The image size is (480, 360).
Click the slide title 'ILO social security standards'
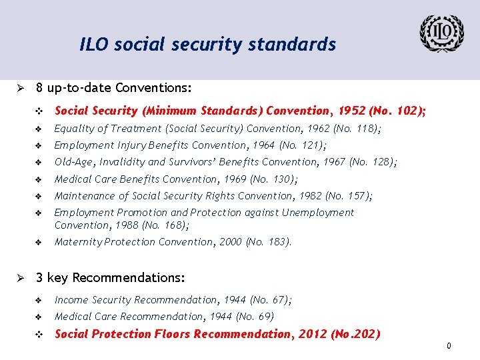click(x=207, y=45)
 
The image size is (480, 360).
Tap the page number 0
click(x=449, y=346)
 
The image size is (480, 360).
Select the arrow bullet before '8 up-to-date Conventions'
click(x=21, y=88)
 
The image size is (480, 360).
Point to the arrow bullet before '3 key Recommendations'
click(x=21, y=277)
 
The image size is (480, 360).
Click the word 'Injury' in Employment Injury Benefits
click(x=126, y=145)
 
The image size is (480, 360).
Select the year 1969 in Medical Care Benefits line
click(x=233, y=179)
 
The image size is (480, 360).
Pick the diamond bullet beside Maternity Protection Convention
click(x=39, y=242)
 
